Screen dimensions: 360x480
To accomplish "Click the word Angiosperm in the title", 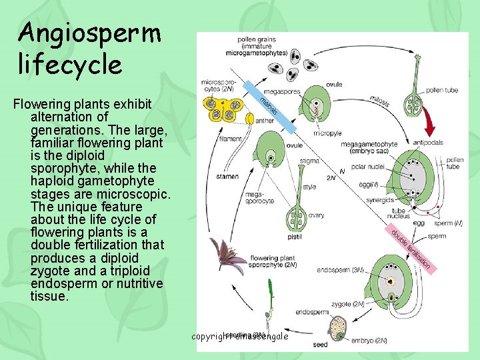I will click(90, 32).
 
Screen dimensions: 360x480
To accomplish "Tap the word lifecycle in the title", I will click(70, 65).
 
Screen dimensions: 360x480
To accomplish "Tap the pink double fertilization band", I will click(413, 251).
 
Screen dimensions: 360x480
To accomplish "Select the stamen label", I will click(227, 177).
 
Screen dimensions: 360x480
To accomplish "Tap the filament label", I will click(230, 139).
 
